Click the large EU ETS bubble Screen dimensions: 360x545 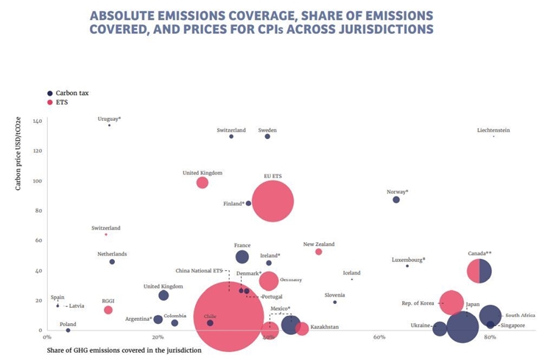click(272, 201)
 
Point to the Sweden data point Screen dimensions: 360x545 click(267, 136)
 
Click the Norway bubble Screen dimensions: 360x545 click(396, 200)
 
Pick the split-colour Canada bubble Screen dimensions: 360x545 click(479, 271)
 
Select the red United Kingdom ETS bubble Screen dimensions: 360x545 click(203, 183)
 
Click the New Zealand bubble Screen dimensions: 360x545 click(319, 252)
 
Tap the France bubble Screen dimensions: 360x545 click(242, 257)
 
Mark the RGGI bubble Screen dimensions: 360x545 click(108, 310)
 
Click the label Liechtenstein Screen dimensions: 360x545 click(493, 130)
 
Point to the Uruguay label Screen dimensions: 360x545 click(109, 119)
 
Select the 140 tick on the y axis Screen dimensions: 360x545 click(37, 121)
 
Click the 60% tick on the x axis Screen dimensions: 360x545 click(379, 337)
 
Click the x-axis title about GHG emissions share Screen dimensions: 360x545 click(124, 350)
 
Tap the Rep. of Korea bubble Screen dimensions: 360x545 click(451, 303)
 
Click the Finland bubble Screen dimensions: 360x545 click(248, 203)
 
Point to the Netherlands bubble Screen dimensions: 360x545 click(112, 261)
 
